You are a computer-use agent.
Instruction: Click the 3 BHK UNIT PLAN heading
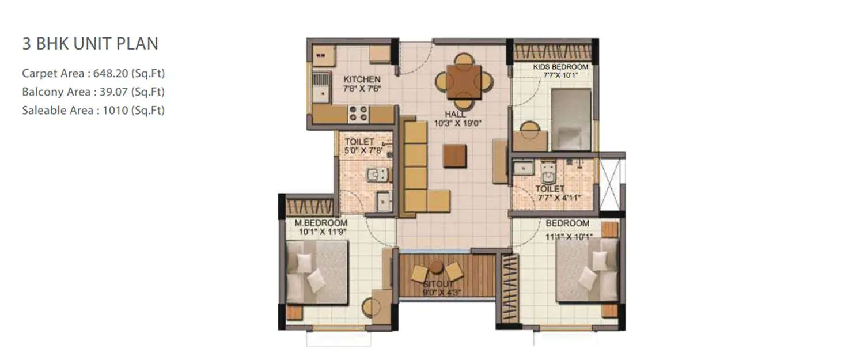90,43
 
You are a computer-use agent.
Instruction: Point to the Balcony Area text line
93,92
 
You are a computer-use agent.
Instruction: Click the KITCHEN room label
362,79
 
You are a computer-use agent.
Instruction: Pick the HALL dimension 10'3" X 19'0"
458,123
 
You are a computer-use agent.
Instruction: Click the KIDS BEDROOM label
560,67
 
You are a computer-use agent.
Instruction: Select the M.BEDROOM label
321,223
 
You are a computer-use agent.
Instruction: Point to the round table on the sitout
437,266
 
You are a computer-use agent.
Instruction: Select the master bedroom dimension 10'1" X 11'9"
321,232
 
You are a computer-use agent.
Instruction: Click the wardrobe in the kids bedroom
552,51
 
